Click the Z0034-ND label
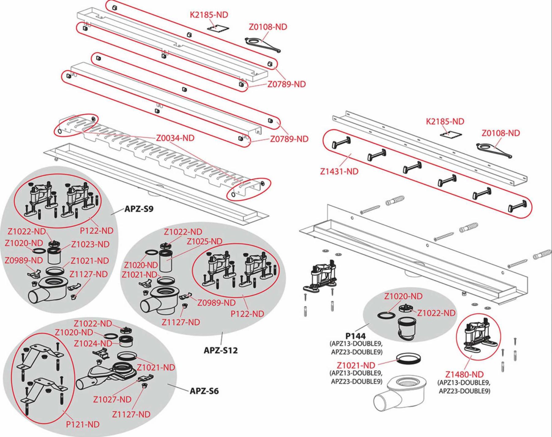175,138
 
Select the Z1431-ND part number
339,171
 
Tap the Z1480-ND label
464,374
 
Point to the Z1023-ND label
90,244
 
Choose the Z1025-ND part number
205,241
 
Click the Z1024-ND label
93,343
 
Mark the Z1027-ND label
112,399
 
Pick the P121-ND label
83,424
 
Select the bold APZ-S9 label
139,209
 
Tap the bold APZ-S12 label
220,350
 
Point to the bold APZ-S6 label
204,391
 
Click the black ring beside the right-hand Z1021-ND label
408,358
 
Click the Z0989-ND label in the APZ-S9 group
24,260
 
